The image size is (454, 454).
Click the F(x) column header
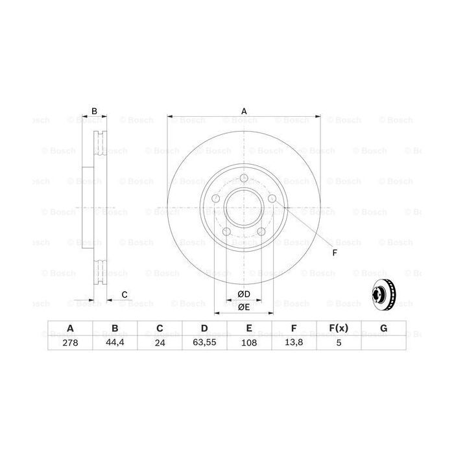coord(339,328)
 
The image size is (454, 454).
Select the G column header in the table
coord(383,328)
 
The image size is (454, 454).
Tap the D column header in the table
coord(204,328)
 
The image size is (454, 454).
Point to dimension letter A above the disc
coord(245,111)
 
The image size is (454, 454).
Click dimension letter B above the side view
coord(95,112)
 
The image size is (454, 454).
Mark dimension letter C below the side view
coord(124,294)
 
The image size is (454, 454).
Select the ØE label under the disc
coord(244,307)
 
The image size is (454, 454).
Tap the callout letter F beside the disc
coord(335,252)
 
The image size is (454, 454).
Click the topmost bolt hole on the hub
coord(244,180)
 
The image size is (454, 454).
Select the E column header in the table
coord(249,328)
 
